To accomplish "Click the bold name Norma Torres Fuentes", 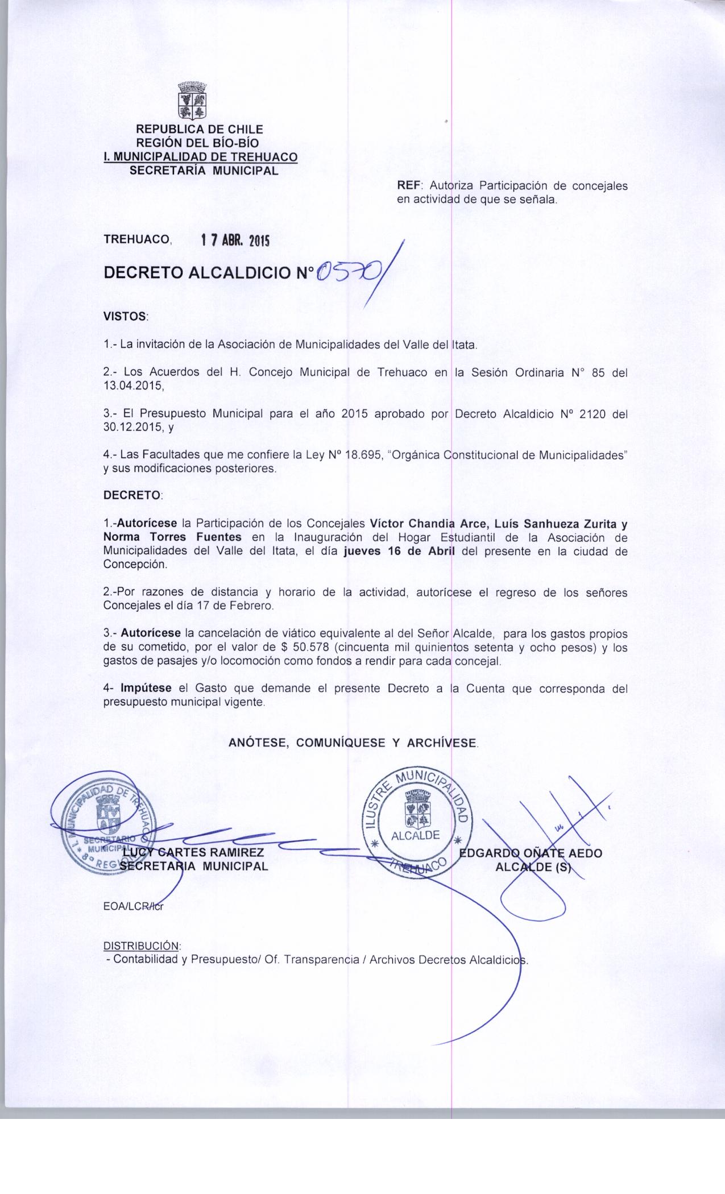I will tap(173, 537).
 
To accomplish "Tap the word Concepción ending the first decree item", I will tap(127, 565).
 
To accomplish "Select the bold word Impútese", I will tap(146, 689).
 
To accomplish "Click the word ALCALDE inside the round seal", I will tap(415, 835).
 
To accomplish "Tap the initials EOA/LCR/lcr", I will tap(133, 907).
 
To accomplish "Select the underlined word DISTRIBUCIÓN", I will tap(142, 946).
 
